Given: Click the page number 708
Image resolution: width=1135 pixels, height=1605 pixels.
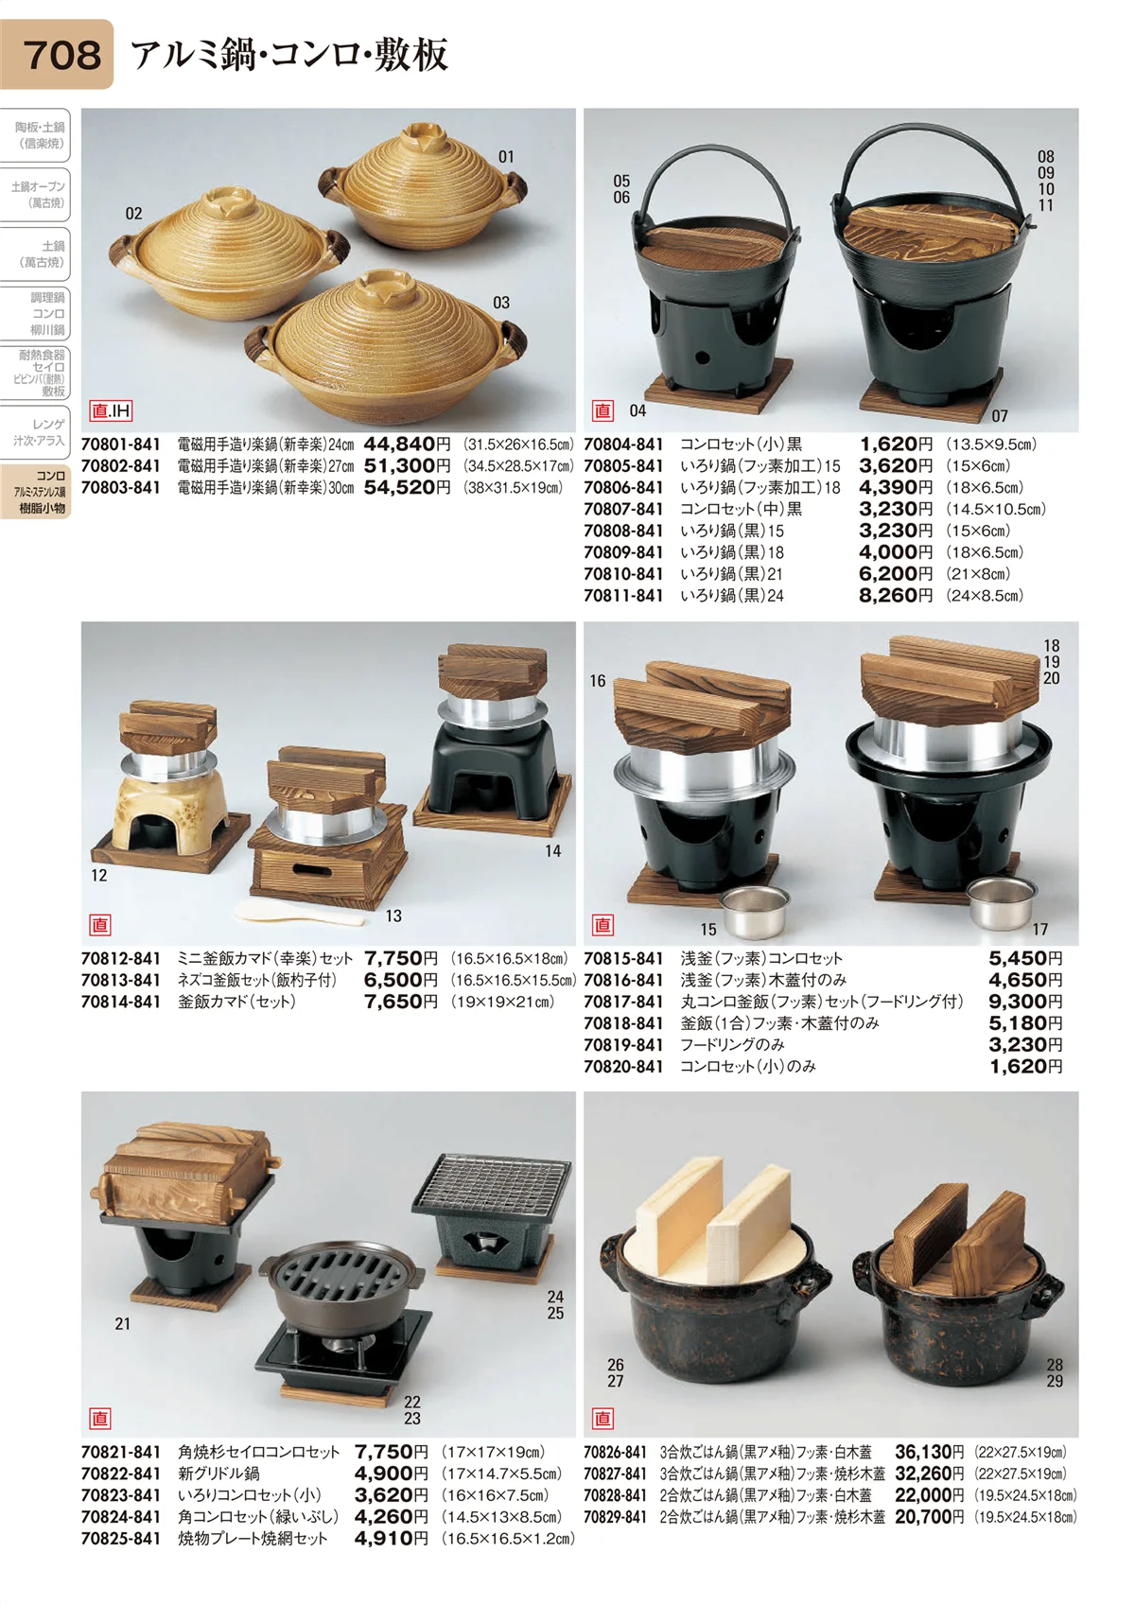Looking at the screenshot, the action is point(61,55).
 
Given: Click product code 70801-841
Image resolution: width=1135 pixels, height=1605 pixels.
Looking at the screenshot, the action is point(120,445).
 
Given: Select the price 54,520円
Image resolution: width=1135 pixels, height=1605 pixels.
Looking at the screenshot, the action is point(407,487).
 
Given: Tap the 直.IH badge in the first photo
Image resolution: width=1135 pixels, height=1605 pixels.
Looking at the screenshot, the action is point(111,410).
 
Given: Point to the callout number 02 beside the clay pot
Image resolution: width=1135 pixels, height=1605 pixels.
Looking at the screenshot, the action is point(133,214).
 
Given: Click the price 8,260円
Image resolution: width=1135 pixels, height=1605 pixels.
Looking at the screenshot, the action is point(896,596).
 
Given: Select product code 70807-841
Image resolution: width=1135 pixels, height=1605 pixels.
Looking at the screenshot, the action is point(623,510).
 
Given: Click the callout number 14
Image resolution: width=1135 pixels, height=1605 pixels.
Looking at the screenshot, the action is point(552,851).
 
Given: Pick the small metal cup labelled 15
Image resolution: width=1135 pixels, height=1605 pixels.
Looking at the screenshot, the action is point(753,911).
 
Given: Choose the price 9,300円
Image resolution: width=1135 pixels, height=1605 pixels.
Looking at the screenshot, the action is point(1025,1002).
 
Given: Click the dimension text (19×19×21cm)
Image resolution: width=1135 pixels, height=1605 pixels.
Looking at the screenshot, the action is point(502,1002).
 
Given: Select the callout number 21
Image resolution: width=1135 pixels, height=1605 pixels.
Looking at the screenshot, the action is point(123,1324).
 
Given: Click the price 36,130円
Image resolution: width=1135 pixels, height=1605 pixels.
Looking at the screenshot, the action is point(929,1453).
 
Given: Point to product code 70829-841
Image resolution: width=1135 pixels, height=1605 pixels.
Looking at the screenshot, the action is point(615,1517).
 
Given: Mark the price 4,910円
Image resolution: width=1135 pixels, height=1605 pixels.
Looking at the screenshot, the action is point(392,1539).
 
